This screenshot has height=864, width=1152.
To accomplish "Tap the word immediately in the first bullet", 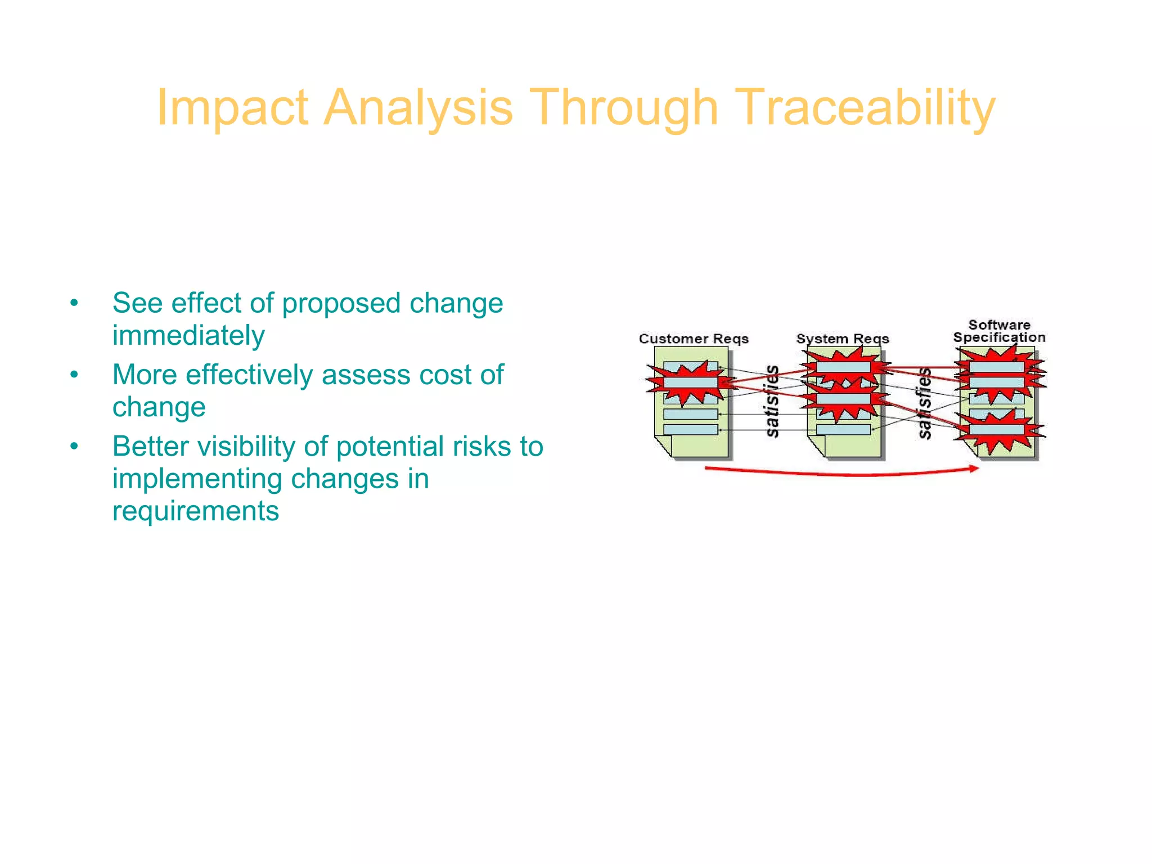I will tap(188, 336).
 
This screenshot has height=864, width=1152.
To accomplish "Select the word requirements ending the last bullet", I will tap(195, 511).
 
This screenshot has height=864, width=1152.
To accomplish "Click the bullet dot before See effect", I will tap(74, 304).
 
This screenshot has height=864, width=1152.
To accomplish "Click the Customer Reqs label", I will tap(694, 339).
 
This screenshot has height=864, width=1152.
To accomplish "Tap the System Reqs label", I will tap(842, 339).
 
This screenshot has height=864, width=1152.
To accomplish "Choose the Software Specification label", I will tap(999, 331).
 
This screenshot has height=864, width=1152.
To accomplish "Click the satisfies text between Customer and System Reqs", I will tap(772, 401).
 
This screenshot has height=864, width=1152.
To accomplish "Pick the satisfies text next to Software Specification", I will tap(924, 403).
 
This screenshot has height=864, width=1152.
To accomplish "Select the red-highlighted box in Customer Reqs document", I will tap(690, 383).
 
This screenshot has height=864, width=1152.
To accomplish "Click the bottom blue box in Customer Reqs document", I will tap(690, 430).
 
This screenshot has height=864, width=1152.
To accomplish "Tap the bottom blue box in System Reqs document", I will tap(843, 430).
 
